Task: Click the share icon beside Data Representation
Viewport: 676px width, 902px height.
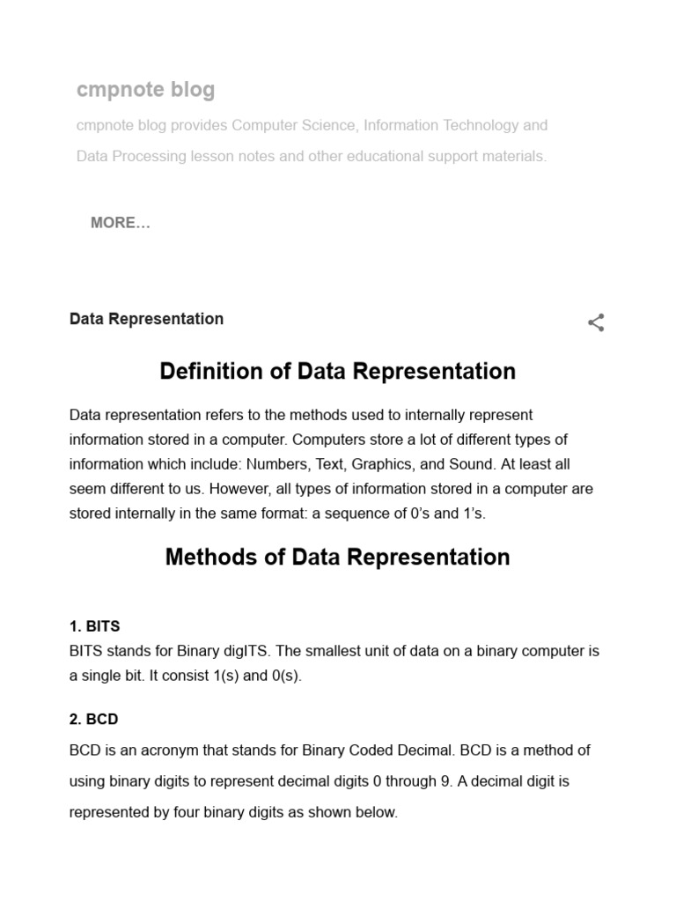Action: (x=596, y=322)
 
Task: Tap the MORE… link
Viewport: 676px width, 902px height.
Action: (x=121, y=223)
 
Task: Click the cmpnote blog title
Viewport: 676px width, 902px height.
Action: (x=145, y=90)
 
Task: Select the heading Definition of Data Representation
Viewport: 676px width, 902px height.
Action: (x=337, y=371)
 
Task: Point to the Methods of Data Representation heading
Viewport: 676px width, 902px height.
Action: (x=337, y=557)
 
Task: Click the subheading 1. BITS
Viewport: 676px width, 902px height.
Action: (x=95, y=626)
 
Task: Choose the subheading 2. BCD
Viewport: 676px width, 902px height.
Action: (x=93, y=719)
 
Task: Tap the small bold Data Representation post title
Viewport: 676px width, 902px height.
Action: (x=146, y=319)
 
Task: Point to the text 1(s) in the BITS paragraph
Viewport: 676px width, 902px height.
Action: (x=222, y=676)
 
